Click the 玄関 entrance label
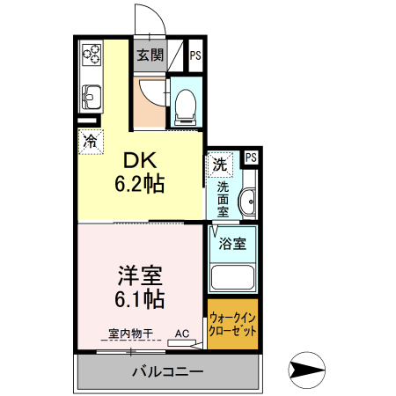150,55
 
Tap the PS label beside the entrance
195,55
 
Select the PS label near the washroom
251,158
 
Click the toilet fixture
186,107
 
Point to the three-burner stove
92,55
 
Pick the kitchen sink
92,97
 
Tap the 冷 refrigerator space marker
91,142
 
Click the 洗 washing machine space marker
220,165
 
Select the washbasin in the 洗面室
248,202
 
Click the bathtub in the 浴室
232,277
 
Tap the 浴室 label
232,244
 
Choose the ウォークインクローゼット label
232,325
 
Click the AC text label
182,334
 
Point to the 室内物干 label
131,334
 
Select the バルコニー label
168,372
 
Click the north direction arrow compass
307,370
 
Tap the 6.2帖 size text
139,184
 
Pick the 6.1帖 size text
139,299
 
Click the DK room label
140,160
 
